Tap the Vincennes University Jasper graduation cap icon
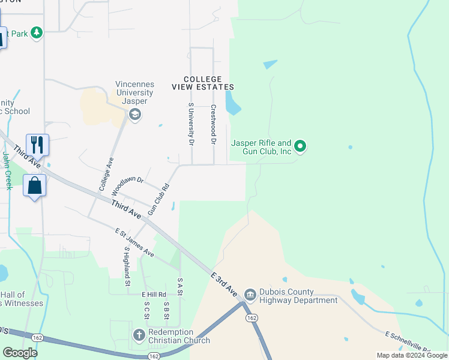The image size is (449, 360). coord(135,115)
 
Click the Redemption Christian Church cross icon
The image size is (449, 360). coord(139,335)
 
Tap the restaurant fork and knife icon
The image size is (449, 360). coord(37,144)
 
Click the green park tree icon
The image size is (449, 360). coord(37,32)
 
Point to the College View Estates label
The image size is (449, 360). coord(202,83)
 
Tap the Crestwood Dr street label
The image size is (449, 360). coord(213,125)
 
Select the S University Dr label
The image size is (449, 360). coord(191,124)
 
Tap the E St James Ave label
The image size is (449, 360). coord(134,242)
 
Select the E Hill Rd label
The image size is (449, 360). coord(153,295)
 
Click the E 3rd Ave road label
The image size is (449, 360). coord(224,283)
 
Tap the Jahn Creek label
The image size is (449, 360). coord(7,170)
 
